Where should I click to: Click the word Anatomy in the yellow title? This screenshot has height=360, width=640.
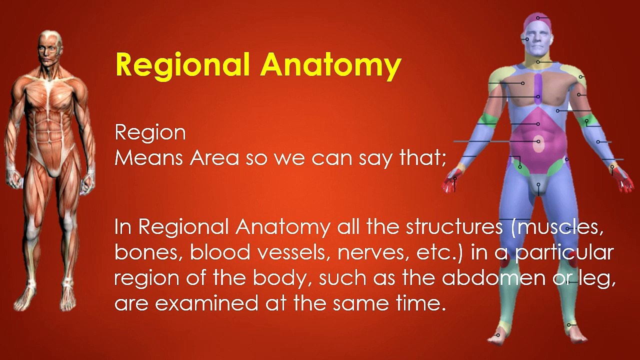(330, 65)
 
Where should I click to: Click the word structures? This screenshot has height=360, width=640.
(453, 227)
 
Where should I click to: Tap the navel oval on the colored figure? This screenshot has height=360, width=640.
(538, 144)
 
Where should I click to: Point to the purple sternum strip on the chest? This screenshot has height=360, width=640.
(538, 89)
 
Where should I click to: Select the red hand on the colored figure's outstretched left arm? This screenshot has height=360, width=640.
(623, 180)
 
